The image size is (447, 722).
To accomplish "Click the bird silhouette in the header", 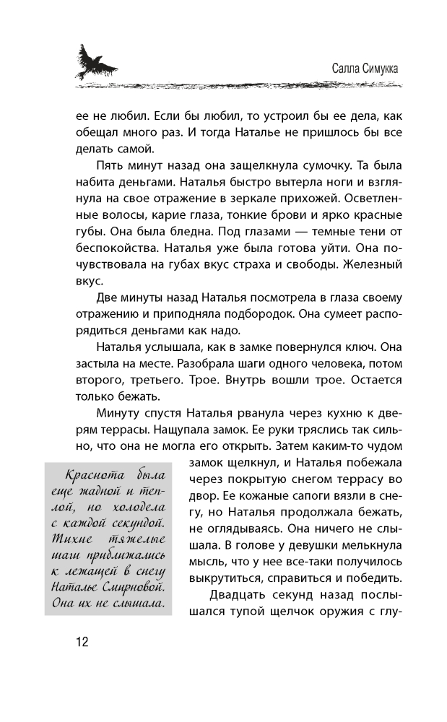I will coord(95,61).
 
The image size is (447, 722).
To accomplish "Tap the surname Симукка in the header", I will coord(374,67).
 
